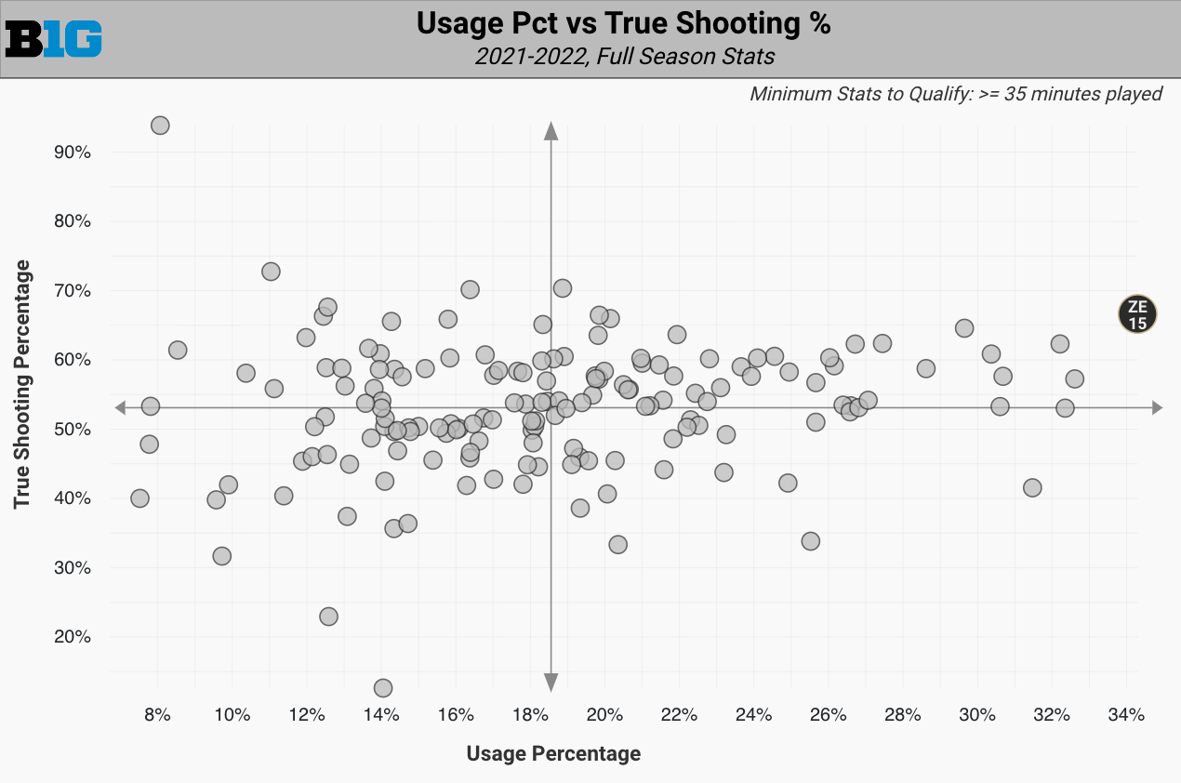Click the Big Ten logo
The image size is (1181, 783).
click(54, 39)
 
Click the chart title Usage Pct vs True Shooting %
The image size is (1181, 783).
click(623, 24)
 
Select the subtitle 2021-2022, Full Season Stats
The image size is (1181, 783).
click(624, 57)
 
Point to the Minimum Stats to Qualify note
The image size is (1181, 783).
click(956, 94)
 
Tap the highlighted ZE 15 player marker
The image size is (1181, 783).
click(1137, 314)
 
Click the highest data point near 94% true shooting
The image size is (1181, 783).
click(160, 126)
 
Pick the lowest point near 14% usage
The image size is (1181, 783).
click(382, 688)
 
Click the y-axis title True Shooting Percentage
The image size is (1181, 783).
click(23, 384)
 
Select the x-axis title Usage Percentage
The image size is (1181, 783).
click(553, 753)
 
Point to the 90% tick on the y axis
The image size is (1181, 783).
click(72, 153)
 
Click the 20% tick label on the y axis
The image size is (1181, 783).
click(72, 637)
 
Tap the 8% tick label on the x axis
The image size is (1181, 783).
click(157, 715)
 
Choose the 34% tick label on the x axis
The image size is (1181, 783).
click(1126, 715)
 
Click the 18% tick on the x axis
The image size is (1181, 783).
click(530, 715)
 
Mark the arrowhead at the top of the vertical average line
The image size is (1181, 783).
click(551, 131)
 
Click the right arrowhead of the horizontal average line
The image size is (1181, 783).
click(1156, 407)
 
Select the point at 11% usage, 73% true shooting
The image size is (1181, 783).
click(271, 272)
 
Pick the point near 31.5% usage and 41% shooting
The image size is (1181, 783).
click(1032, 487)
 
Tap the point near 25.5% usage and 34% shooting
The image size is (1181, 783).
click(811, 541)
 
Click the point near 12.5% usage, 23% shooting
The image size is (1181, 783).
click(328, 617)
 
